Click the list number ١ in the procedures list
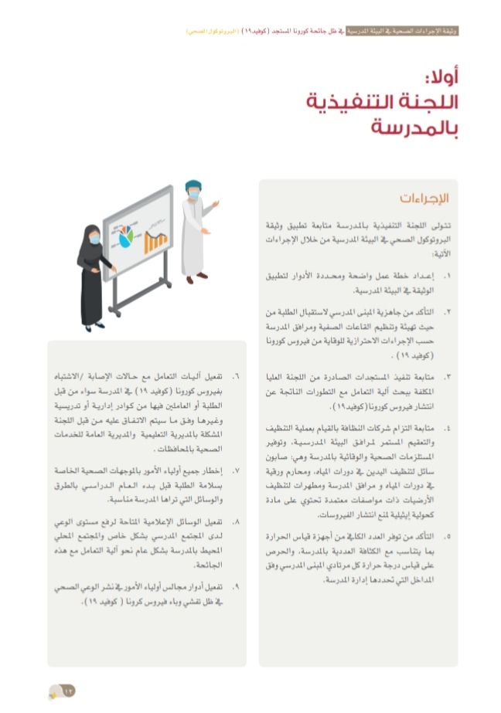(x=447, y=274)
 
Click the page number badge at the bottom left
(x=61, y=691)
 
